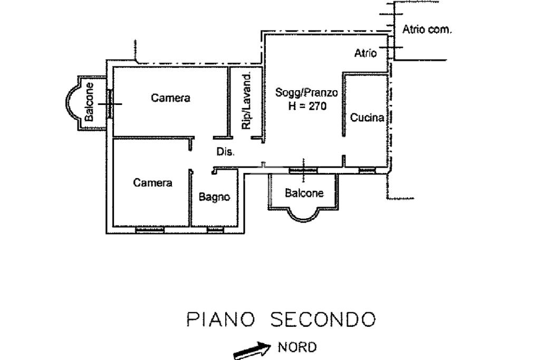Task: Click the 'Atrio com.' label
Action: coord(427,30)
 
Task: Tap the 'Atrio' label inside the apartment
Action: coord(365,53)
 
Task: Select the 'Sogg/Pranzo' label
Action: coord(307,93)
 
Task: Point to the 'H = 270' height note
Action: coord(307,106)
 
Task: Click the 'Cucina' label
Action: coord(367,118)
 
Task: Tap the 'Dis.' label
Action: coord(226,152)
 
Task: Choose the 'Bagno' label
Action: coord(214,197)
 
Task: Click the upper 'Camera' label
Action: coord(170,98)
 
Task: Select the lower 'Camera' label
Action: coord(152,183)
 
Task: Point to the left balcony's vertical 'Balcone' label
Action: coord(90,102)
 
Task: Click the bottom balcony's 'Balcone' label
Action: coord(304,193)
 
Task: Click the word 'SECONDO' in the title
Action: coord(323,319)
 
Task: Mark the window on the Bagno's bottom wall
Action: coord(215,230)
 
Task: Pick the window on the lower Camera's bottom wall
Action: coord(150,230)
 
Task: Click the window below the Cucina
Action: coord(367,170)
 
